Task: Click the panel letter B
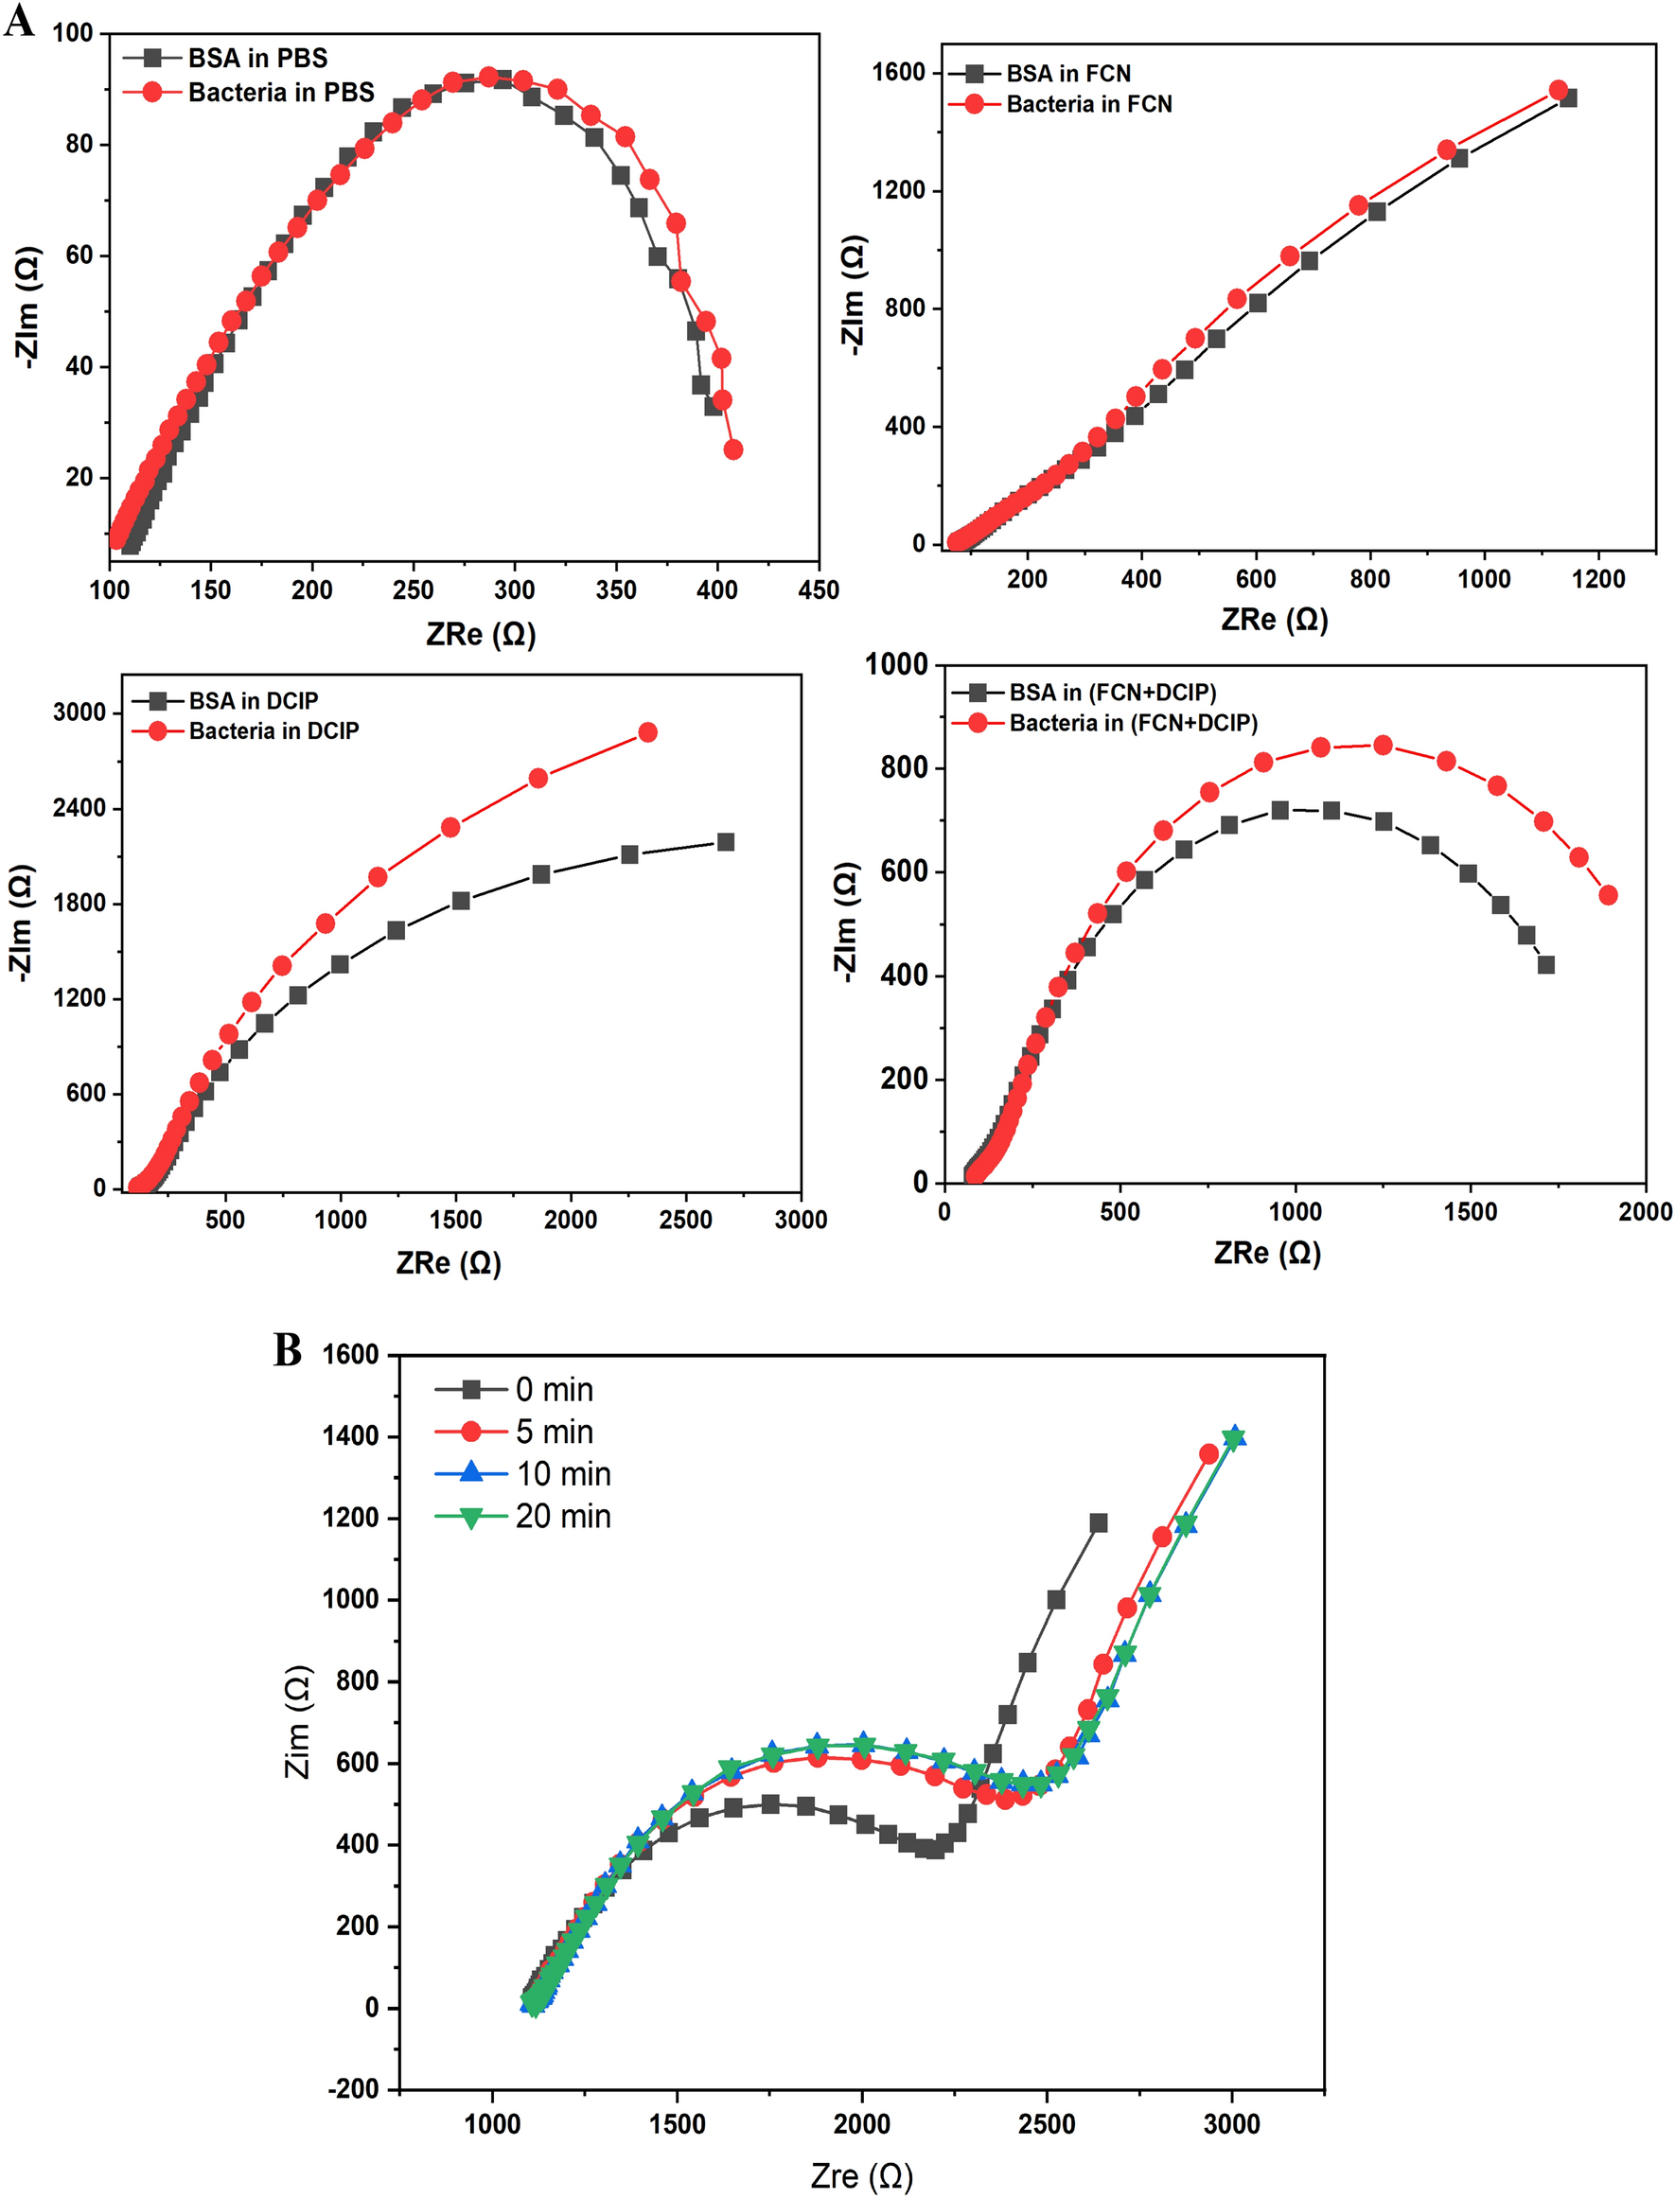(x=287, y=1351)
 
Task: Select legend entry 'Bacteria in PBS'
(x=281, y=93)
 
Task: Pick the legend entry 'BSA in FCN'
(x=1067, y=74)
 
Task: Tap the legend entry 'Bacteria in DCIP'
(x=273, y=730)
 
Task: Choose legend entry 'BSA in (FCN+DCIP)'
(x=1112, y=692)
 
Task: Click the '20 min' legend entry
(x=561, y=1516)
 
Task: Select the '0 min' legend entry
(x=554, y=1390)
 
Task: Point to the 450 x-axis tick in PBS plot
(x=819, y=590)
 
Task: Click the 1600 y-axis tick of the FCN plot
(x=898, y=72)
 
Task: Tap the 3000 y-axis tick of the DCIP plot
(x=79, y=712)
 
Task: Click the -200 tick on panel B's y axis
(x=353, y=2089)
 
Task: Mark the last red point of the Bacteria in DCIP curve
(x=647, y=732)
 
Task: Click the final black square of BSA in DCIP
(x=726, y=842)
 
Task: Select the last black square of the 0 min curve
(x=1099, y=1522)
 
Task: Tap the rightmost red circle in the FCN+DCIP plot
(x=1608, y=895)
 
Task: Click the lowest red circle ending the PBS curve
(x=732, y=449)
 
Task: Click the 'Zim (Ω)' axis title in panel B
(x=298, y=1721)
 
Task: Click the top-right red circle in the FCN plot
(x=1559, y=91)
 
